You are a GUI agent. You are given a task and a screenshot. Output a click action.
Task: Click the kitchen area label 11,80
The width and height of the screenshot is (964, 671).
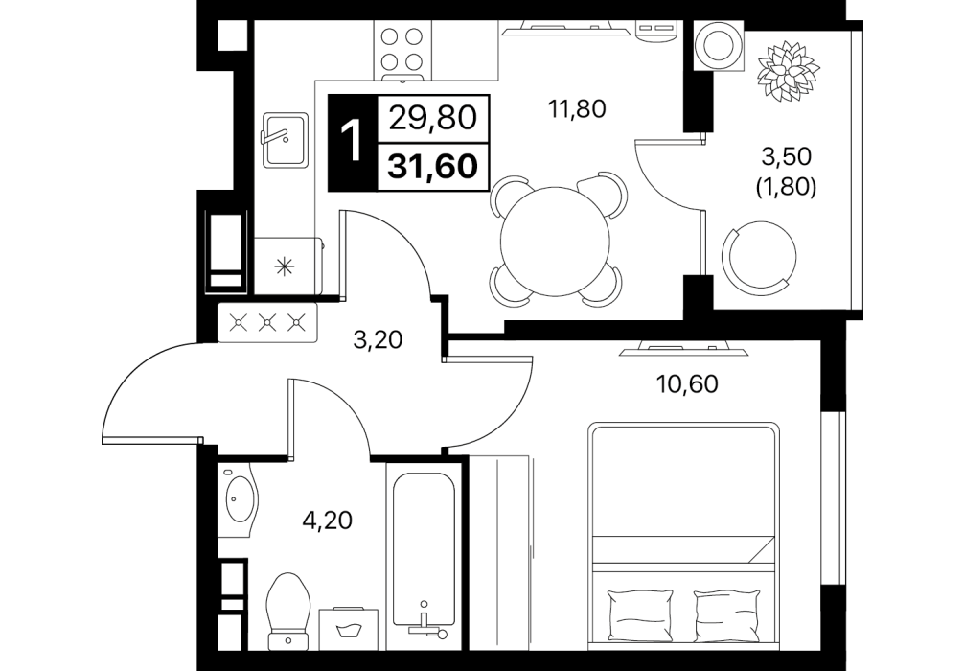click(577, 109)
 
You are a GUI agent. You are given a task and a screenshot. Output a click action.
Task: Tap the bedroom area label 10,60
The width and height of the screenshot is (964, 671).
click(688, 384)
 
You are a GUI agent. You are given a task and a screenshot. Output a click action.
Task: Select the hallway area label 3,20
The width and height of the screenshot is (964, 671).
click(378, 339)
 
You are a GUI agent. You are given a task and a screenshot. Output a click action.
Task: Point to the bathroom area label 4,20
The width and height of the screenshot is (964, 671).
click(328, 521)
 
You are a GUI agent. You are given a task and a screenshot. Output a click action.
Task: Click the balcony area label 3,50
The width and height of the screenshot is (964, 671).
click(787, 157)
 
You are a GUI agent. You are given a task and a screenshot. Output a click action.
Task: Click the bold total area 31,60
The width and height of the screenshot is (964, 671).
click(433, 166)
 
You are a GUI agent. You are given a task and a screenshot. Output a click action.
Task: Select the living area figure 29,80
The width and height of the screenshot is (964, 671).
click(433, 117)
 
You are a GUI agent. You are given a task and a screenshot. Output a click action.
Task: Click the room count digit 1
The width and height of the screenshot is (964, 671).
click(353, 142)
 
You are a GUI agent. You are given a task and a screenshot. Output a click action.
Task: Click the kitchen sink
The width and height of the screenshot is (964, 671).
click(285, 140)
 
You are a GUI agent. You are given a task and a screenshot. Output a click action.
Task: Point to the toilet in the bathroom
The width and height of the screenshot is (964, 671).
click(288, 610)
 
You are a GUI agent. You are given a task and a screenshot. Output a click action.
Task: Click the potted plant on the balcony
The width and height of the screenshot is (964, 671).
click(789, 71)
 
